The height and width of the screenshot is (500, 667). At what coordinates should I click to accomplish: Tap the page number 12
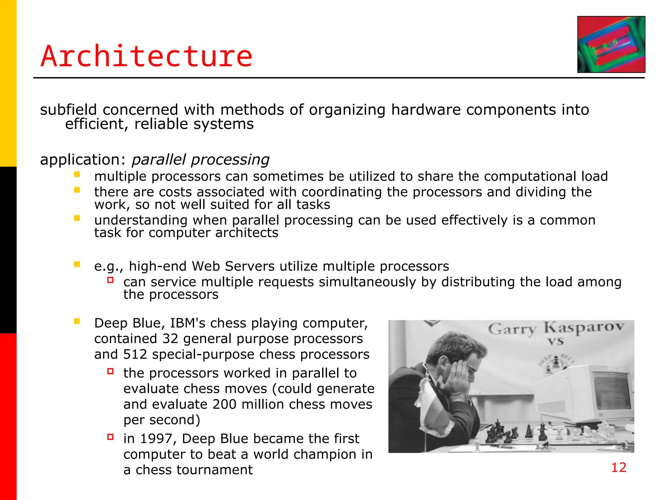point(618,467)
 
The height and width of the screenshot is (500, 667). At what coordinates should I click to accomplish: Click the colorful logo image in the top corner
point(611,45)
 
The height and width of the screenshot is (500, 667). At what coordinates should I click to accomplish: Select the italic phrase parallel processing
point(200,160)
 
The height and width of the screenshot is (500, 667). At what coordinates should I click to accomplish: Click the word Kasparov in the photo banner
point(584,327)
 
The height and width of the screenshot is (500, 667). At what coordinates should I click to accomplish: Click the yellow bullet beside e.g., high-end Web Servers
point(77,264)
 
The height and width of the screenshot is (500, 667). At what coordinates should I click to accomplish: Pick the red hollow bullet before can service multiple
point(110,280)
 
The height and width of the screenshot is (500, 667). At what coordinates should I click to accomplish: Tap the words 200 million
point(248,405)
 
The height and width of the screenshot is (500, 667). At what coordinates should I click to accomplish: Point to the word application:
point(83,160)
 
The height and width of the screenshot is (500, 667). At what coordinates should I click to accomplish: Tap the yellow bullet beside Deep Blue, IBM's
point(77,322)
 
